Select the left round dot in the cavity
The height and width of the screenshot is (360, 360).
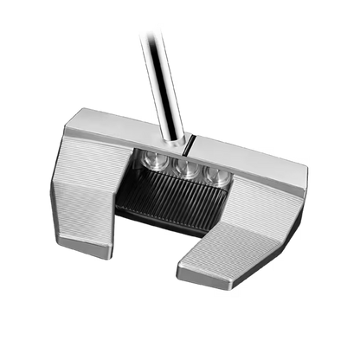(157, 162)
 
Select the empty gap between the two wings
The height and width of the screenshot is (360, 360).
(151, 251)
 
